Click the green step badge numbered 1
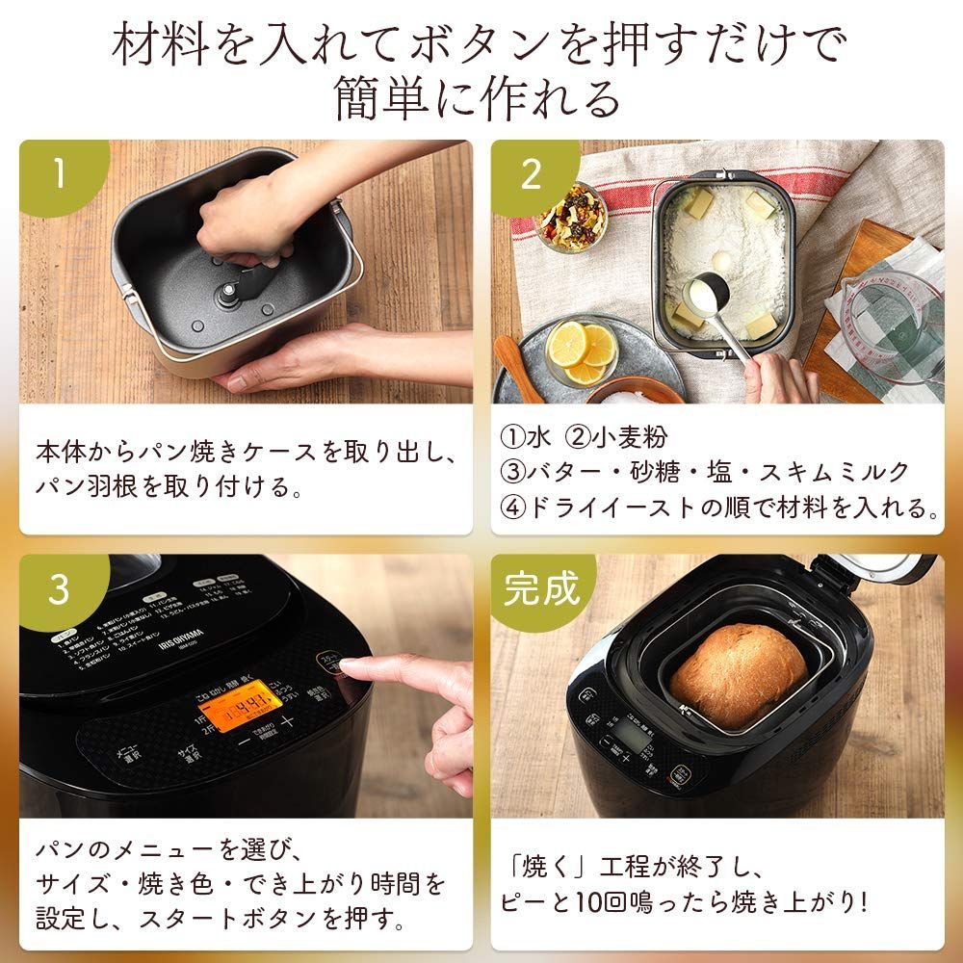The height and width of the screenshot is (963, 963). pos(59,175)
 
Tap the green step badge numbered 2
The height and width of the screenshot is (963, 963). pos(532,175)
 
